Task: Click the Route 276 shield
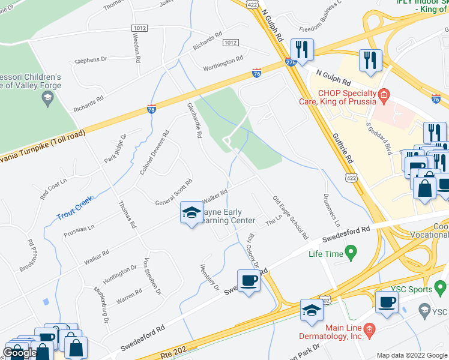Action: pyautogui.click(x=291, y=62)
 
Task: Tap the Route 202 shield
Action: pyautogui.click(x=324, y=298)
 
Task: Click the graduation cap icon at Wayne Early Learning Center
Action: pyautogui.click(x=191, y=213)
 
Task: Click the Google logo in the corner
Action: pyautogui.click(x=20, y=353)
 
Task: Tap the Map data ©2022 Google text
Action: pyautogui.click(x=411, y=355)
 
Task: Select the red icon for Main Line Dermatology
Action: pyautogui.click(x=370, y=328)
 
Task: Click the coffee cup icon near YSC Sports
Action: pyautogui.click(x=387, y=301)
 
